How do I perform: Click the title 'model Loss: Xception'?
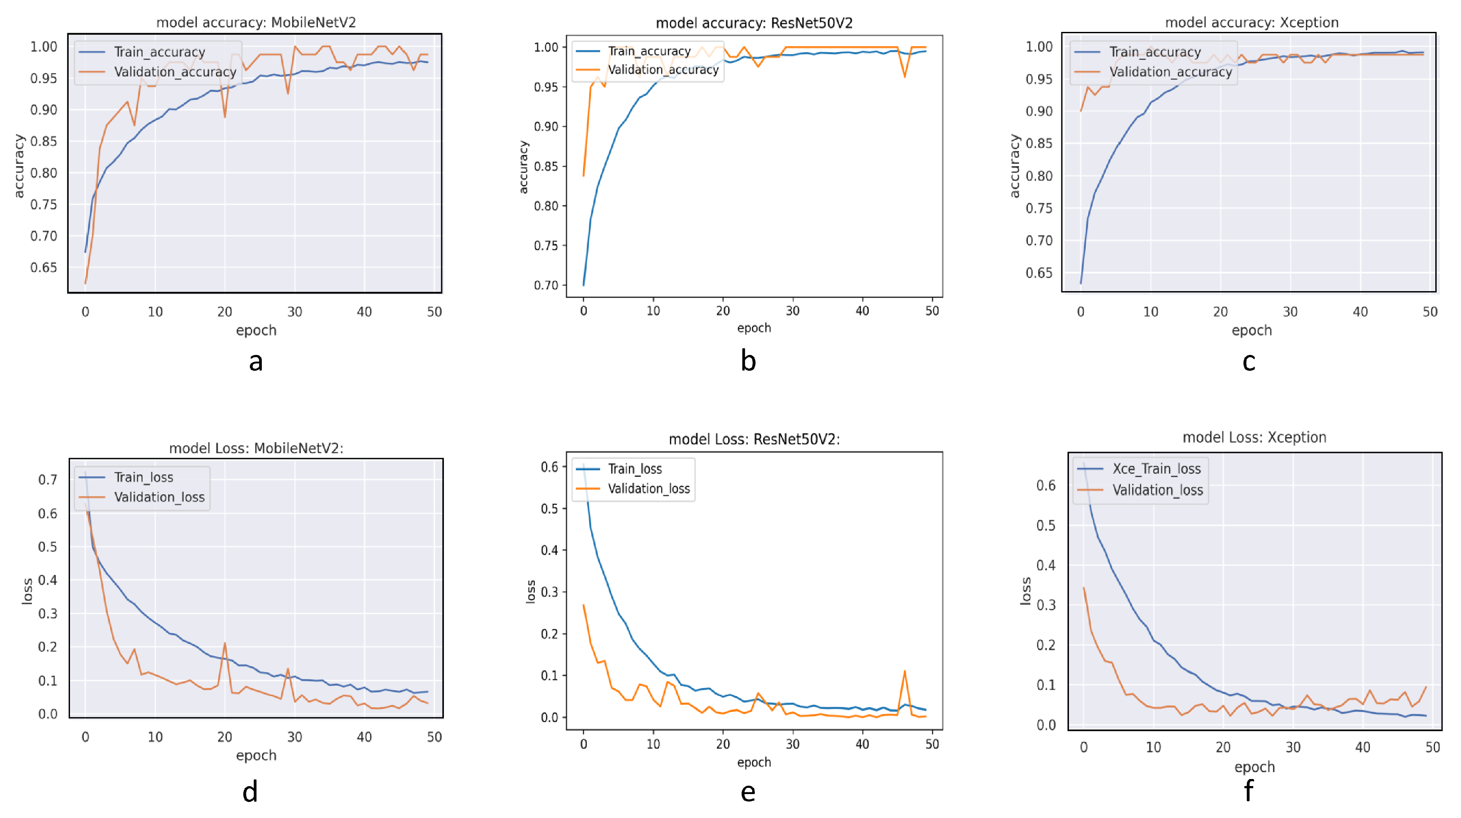tap(1254, 437)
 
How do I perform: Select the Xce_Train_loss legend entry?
tap(1156, 468)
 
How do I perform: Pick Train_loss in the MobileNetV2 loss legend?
tap(143, 477)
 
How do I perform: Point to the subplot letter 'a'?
tap(256, 361)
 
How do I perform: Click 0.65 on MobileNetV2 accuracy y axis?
tap(44, 267)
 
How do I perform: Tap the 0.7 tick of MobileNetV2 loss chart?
tap(48, 480)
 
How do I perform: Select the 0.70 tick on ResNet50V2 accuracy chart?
tap(547, 285)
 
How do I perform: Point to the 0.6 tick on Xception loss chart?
tap(1046, 486)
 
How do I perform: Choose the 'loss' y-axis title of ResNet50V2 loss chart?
tap(530, 592)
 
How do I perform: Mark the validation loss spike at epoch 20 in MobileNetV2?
tap(225, 644)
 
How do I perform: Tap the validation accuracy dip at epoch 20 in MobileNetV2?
tap(225, 116)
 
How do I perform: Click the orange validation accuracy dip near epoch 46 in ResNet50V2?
tap(905, 77)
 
